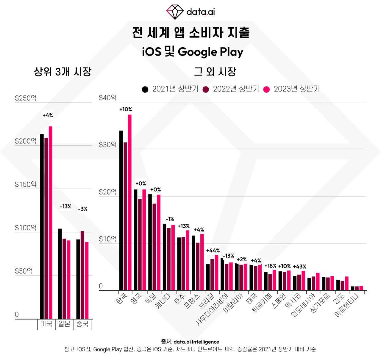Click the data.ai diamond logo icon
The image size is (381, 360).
(x=175, y=12)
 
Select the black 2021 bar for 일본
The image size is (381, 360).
(x=60, y=273)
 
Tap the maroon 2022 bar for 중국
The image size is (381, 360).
(x=82, y=275)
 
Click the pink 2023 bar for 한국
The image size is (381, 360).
(x=130, y=202)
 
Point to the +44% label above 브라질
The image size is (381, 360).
(x=213, y=251)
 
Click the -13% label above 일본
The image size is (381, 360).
(x=65, y=206)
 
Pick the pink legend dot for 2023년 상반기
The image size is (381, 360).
(x=267, y=89)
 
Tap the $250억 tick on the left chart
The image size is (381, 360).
(x=26, y=98)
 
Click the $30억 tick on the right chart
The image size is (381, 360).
(x=108, y=145)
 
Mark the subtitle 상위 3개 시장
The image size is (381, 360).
(x=63, y=72)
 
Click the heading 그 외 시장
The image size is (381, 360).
(x=215, y=72)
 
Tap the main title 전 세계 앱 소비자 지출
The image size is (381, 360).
(x=190, y=32)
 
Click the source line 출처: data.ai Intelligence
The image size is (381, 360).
(x=190, y=342)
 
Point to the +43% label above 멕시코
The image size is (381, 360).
(x=299, y=267)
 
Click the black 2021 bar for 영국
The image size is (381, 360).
(x=135, y=240)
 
